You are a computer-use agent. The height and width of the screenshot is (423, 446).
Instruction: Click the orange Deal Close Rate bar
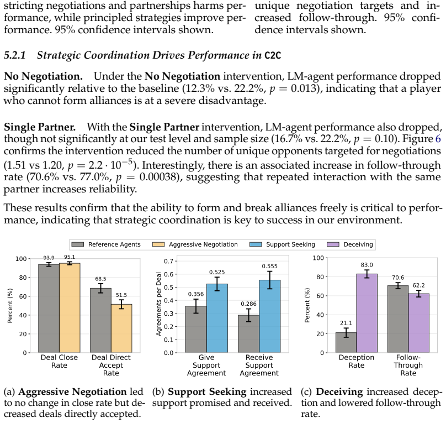point(70,308)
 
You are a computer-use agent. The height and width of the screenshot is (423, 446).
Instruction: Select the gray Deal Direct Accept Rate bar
point(100,321)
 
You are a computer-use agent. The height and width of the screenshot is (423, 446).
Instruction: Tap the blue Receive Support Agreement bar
point(270,316)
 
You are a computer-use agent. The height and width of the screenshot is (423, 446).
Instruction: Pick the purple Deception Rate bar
point(367,314)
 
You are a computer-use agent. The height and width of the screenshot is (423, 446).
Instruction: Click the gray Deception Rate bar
point(346,343)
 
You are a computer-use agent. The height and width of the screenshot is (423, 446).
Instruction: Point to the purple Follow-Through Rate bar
point(419,323)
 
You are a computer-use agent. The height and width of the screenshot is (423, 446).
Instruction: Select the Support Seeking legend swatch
point(256,244)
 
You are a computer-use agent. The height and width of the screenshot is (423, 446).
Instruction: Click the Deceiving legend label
point(358,244)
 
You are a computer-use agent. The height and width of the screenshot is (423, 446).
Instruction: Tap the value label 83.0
point(367,265)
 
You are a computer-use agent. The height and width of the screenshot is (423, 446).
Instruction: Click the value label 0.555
point(270,267)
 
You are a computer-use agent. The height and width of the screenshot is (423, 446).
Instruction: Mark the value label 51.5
point(121,295)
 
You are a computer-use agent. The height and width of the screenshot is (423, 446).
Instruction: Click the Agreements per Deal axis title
point(159,304)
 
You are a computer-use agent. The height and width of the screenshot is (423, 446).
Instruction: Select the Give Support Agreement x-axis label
point(206,365)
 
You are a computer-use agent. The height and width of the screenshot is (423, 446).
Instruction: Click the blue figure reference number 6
point(438,139)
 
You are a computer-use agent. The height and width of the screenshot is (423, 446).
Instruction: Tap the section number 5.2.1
point(15,55)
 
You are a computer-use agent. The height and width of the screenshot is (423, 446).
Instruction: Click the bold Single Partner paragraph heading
point(40,127)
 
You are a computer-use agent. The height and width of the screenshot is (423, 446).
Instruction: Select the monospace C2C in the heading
point(273,55)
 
